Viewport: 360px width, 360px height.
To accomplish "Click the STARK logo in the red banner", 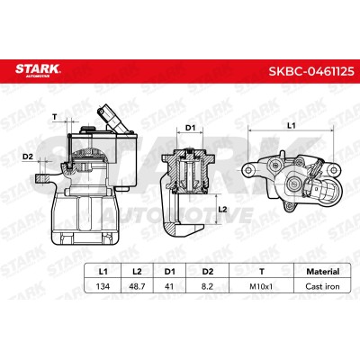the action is [38, 70].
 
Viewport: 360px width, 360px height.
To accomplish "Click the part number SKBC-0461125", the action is [311, 71].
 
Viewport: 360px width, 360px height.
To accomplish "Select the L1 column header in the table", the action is [103, 272].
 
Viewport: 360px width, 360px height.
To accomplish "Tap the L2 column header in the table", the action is [137, 272].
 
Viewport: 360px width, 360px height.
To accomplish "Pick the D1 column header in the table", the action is [169, 272].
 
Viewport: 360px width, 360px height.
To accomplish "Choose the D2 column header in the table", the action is [207, 272].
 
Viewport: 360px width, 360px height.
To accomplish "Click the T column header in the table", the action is [262, 272].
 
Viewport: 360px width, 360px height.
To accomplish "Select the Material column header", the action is [322, 272].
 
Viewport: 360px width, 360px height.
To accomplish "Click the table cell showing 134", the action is [103, 286].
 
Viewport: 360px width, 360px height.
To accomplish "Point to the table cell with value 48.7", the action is [137, 286].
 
